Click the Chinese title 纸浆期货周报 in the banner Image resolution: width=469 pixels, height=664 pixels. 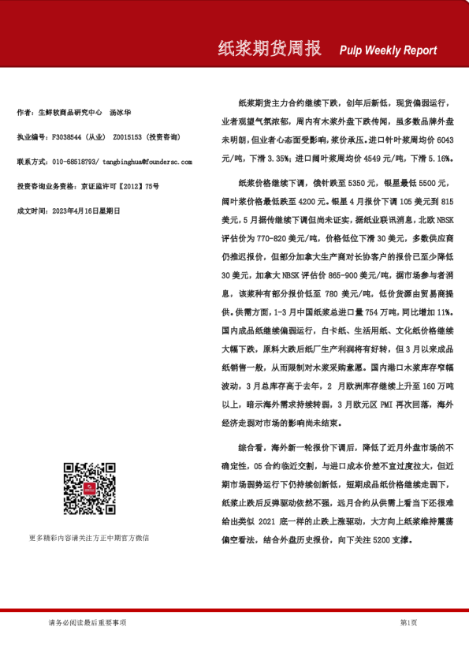pos(270,50)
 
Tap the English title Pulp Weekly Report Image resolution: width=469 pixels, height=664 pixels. pos(388,50)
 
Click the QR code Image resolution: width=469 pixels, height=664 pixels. pos(88,489)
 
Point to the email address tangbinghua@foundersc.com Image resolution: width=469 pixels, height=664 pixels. pos(147,161)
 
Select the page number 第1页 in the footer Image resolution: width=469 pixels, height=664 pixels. pos(409,623)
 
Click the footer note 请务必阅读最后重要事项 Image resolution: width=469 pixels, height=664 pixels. pos(87,623)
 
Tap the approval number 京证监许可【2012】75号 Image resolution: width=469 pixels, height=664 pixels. pos(120,186)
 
